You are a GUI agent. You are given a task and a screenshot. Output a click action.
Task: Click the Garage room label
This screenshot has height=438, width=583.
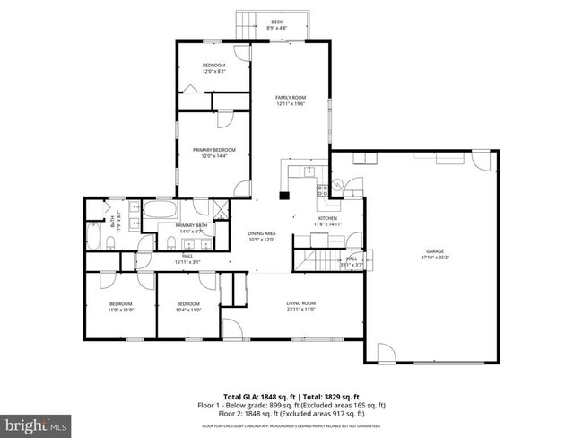click(434, 254)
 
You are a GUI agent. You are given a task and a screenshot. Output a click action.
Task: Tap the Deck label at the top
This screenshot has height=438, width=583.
click(276, 25)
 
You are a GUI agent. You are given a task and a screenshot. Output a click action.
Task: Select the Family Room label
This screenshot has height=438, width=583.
click(291, 100)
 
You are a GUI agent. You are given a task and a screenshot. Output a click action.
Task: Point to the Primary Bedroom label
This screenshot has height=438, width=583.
click(213, 152)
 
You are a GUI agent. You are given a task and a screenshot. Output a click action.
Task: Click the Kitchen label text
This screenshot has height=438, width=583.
click(326, 220)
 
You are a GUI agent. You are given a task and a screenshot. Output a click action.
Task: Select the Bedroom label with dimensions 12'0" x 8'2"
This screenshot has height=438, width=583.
click(213, 68)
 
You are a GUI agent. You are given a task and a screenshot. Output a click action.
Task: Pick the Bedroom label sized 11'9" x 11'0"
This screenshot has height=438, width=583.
click(121, 306)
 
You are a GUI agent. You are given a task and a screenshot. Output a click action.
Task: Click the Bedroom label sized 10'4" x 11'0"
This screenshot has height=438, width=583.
click(187, 306)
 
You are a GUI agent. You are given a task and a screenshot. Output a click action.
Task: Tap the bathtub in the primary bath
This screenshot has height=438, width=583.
click(162, 211)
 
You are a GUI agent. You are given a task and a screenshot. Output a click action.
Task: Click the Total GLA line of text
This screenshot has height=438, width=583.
click(291, 396)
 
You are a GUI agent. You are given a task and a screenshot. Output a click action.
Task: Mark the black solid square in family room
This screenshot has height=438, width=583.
click(283, 194)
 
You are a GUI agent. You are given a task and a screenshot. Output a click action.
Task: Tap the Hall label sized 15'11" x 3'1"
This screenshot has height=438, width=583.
click(187, 258)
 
